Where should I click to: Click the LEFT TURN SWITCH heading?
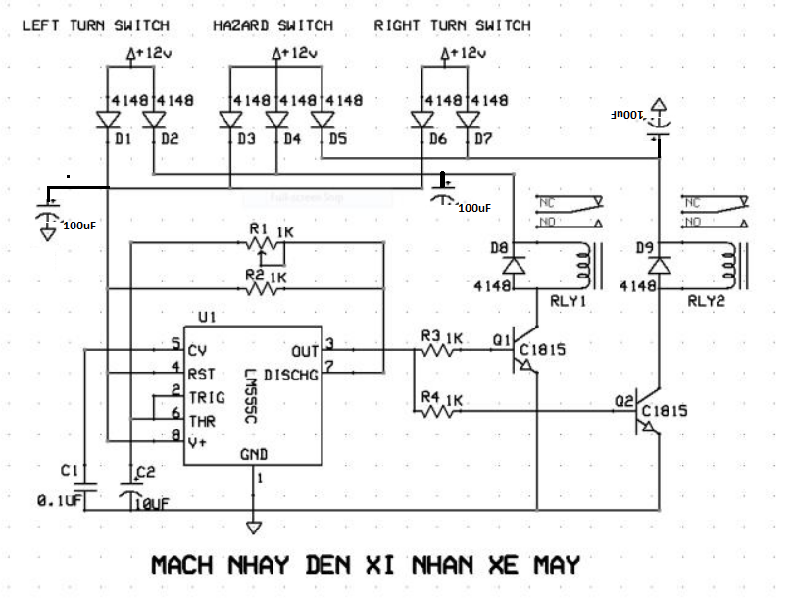(95, 25)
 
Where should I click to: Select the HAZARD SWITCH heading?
(273, 25)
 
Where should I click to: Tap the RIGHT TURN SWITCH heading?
(452, 25)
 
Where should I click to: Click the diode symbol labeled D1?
(107, 120)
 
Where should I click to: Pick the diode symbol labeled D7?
(468, 120)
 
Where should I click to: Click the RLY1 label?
(569, 302)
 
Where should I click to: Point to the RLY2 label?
(705, 302)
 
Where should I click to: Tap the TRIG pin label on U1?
(206, 397)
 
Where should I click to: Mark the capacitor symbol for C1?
(86, 486)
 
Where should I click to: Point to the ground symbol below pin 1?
(255, 528)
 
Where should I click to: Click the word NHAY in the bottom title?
(260, 566)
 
